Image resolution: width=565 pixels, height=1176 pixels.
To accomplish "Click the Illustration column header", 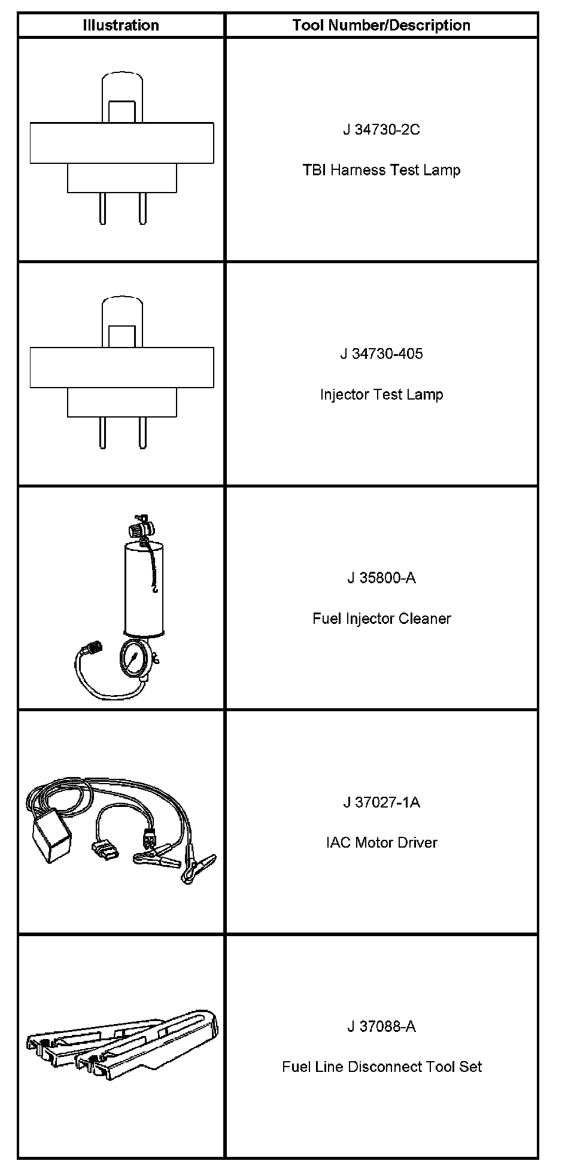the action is click(121, 25).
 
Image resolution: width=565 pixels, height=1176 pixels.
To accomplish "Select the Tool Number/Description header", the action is click(381, 25).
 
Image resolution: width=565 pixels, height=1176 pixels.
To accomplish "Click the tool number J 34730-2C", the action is click(381, 130).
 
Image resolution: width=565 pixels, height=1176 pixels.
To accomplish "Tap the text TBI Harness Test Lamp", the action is click(381, 170).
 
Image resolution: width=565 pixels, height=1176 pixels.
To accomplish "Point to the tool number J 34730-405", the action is click(381, 354).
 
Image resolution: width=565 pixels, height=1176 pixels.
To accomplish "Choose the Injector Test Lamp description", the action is click(381, 395).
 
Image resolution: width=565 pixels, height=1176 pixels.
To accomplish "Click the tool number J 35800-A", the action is click(381, 578).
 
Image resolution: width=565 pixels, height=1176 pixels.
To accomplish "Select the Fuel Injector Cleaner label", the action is click(381, 619).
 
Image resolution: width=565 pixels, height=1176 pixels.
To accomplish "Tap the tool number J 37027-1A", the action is click(381, 802).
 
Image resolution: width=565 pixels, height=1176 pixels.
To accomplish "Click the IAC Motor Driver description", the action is click(381, 843).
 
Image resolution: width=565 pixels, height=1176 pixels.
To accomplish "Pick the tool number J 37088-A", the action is click(381, 1026).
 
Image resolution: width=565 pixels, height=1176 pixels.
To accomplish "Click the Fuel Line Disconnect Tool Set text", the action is click(381, 1067).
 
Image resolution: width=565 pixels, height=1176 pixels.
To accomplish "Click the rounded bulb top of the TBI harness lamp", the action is click(122, 87).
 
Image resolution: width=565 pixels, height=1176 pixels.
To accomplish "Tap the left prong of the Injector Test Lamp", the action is click(103, 432).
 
